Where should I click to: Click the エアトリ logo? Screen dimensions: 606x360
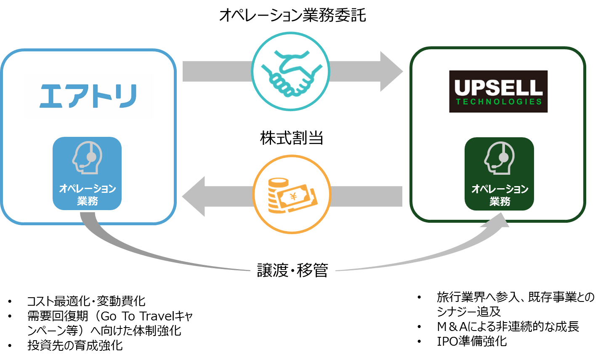click(88, 96)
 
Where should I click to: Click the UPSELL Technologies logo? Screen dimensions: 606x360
click(498, 91)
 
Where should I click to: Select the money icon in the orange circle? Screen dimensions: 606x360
click(292, 195)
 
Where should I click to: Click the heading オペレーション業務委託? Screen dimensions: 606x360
click(292, 15)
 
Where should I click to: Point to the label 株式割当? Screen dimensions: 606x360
click(292, 138)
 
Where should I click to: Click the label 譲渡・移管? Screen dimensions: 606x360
click(292, 270)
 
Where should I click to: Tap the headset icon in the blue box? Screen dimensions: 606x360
click(87, 157)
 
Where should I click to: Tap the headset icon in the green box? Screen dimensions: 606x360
click(499, 158)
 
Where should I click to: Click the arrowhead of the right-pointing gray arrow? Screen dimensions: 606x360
click(391, 72)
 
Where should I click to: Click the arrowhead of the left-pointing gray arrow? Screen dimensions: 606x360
click(194, 197)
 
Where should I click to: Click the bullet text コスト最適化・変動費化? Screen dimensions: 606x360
click(86, 301)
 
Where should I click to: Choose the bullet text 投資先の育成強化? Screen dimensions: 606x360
click(75, 345)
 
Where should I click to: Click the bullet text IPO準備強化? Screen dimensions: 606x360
click(472, 341)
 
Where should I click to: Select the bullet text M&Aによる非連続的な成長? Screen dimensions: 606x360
click(508, 327)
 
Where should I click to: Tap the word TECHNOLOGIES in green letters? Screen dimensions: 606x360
click(499, 102)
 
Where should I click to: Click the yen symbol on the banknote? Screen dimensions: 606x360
click(294, 197)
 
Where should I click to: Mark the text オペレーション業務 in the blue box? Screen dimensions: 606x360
click(88, 195)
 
